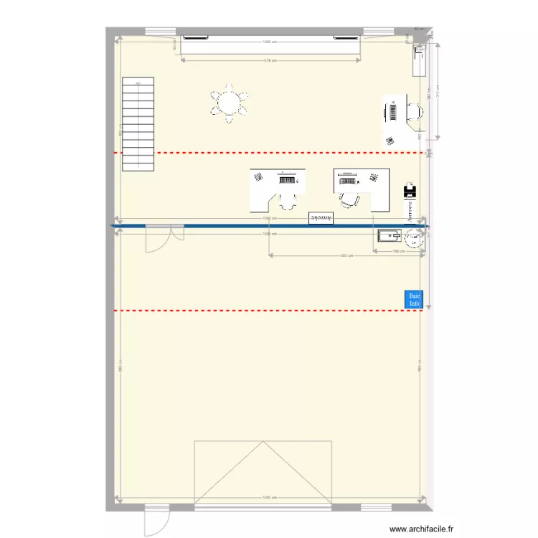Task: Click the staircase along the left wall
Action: [x=138, y=123]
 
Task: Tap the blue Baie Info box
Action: [x=414, y=299]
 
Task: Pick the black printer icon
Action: [x=410, y=192]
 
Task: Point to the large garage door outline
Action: [x=264, y=471]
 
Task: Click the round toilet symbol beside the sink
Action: [x=414, y=240]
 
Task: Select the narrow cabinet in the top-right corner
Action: [x=419, y=60]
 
